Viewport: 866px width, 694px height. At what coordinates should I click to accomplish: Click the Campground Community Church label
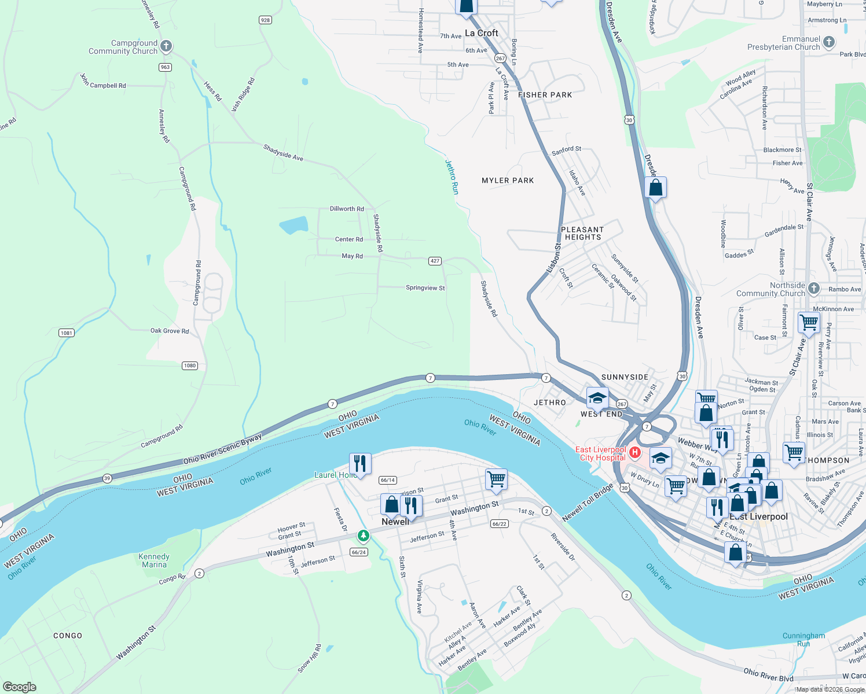point(123,47)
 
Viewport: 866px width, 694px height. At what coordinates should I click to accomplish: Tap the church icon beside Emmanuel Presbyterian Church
point(829,42)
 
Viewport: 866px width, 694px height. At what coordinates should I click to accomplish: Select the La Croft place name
point(482,33)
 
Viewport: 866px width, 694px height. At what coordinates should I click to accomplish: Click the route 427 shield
point(435,261)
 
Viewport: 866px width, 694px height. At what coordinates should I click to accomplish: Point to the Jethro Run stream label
point(452,176)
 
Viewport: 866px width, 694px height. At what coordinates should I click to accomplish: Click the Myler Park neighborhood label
point(508,180)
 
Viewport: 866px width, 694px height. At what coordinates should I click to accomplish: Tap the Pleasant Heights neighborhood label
point(583,233)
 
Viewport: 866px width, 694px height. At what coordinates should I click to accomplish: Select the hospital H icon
point(635,452)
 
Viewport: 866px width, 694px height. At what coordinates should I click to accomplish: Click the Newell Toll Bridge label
point(588,503)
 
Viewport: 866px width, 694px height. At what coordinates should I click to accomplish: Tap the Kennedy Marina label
point(154,560)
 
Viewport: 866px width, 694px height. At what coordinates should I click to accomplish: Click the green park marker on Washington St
point(363,536)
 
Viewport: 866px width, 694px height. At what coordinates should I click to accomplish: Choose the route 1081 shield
point(67,333)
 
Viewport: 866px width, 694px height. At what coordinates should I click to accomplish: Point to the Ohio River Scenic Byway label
point(222,449)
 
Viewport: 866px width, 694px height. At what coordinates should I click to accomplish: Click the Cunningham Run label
point(803,639)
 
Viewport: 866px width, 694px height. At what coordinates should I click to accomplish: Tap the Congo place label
point(68,636)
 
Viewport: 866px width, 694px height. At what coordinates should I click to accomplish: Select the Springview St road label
point(425,288)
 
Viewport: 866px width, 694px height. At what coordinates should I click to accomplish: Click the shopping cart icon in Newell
point(496,479)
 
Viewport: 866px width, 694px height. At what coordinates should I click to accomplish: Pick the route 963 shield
point(165,67)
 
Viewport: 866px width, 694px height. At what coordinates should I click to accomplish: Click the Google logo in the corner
point(20,686)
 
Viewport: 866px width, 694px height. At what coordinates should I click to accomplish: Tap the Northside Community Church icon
point(814,289)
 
